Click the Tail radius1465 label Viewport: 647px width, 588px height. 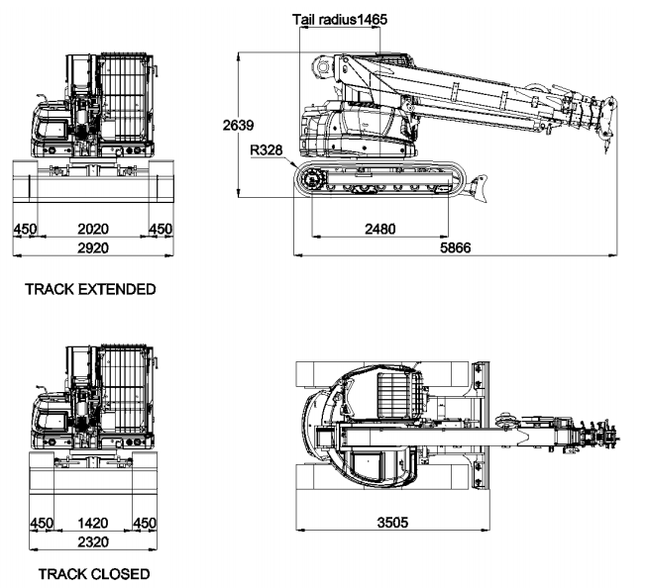click(339, 19)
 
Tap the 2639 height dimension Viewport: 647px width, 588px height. click(239, 126)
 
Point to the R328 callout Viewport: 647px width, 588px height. click(267, 151)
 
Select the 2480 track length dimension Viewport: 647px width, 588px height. click(379, 229)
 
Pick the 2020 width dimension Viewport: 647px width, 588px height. click(92, 229)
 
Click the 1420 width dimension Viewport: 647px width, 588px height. click(92, 523)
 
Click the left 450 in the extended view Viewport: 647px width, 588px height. click(24, 229)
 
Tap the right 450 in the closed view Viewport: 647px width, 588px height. click(145, 523)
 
